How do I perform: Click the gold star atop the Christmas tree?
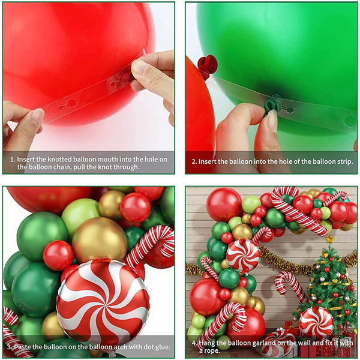click(329, 239)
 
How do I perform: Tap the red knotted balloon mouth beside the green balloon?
click(207, 65)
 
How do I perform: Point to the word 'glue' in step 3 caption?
click(163, 347)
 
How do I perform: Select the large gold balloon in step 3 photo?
click(100, 239)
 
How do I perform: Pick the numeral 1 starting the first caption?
click(12, 160)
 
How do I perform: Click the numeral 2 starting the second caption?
click(194, 161)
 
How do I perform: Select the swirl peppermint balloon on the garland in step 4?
click(243, 256)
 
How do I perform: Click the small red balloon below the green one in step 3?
click(59, 256)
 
